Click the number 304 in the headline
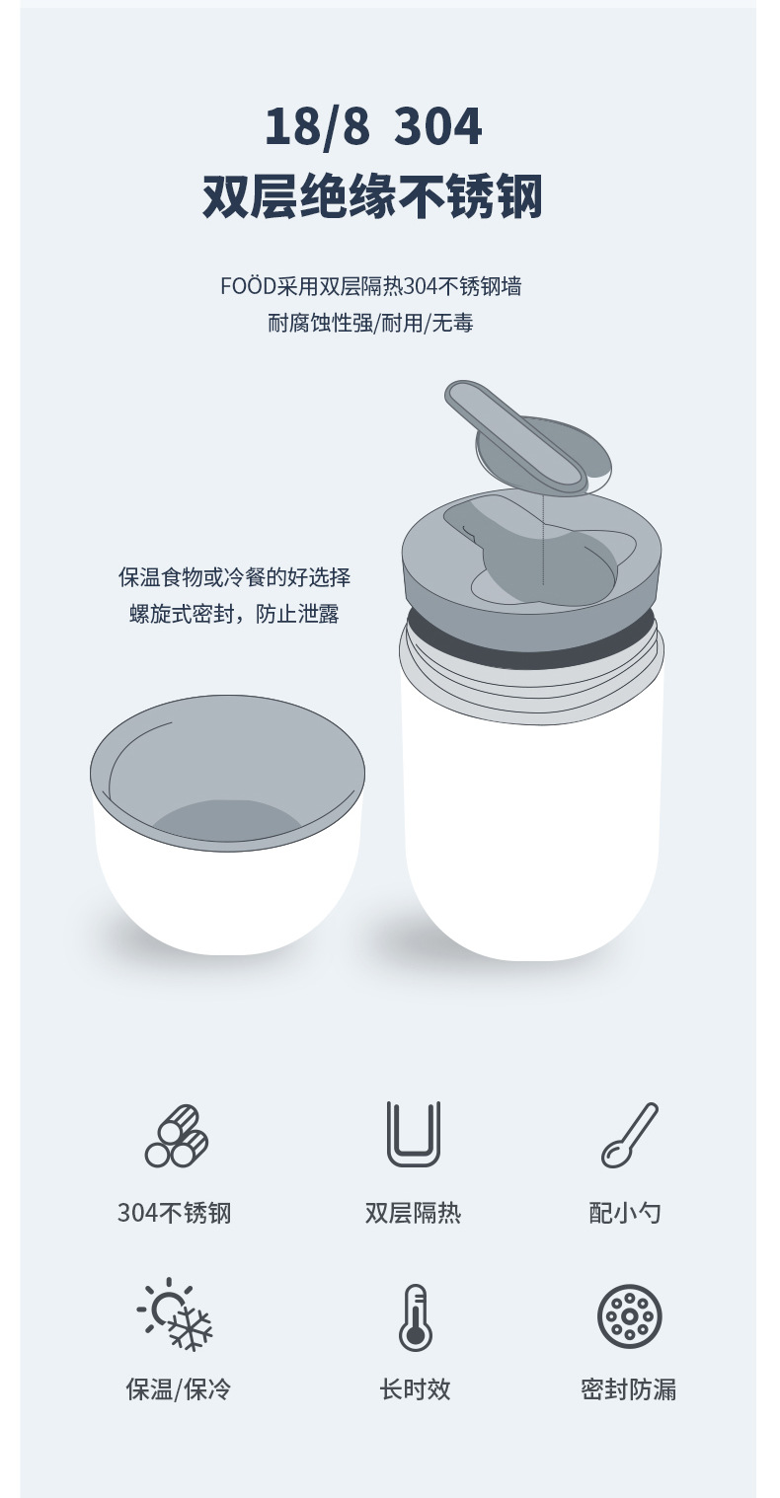pyautogui.click(x=438, y=126)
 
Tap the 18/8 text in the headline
pyautogui.click(x=317, y=126)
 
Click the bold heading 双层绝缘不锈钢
pyautogui.click(x=372, y=196)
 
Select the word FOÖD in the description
pyautogui.click(x=248, y=286)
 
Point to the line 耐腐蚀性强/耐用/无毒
pyautogui.click(x=370, y=323)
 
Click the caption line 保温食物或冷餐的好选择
pyautogui.click(x=234, y=577)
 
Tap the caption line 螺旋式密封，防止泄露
pyautogui.click(x=234, y=613)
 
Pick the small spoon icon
pyautogui.click(x=630, y=1135)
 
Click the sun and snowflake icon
pyautogui.click(x=176, y=1314)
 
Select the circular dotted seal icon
pyautogui.click(x=630, y=1316)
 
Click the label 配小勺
pyautogui.click(x=625, y=1213)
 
